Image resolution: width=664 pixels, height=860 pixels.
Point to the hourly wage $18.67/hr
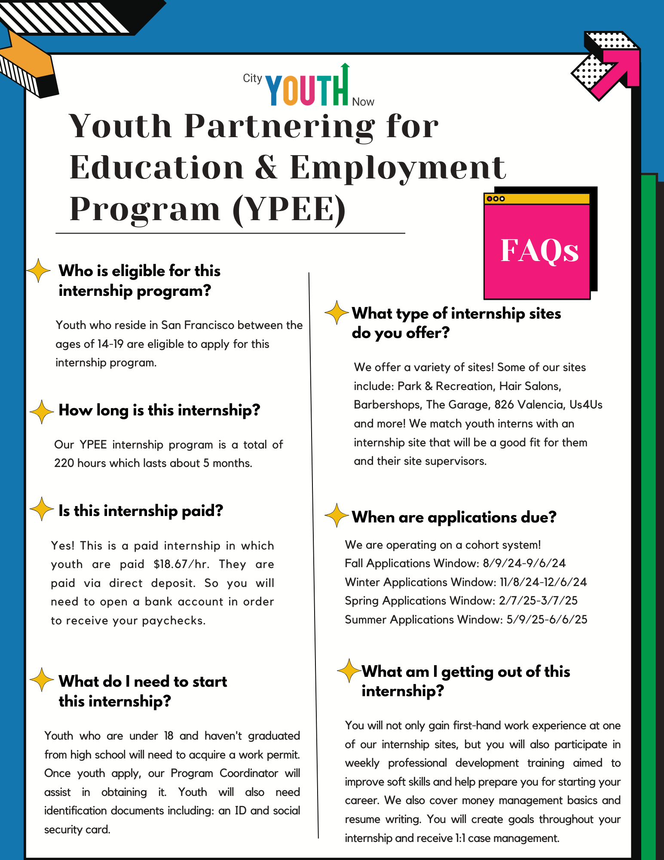tap(181, 564)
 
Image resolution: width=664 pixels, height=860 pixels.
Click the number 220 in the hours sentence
tap(64, 463)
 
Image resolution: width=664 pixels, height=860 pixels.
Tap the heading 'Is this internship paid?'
tap(141, 511)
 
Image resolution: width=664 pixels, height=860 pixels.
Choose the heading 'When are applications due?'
tap(454, 517)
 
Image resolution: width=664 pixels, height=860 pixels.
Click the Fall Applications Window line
tap(455, 563)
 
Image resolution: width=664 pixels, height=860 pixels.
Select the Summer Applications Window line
tap(466, 620)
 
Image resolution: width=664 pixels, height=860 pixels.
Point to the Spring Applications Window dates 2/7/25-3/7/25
tap(538, 601)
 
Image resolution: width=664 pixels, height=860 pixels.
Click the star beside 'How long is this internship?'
tap(42, 412)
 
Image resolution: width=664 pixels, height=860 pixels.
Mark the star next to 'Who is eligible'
tap(39, 270)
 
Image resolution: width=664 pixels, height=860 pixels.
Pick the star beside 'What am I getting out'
tap(349, 670)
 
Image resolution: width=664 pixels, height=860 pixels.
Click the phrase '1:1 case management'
tap(507, 838)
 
